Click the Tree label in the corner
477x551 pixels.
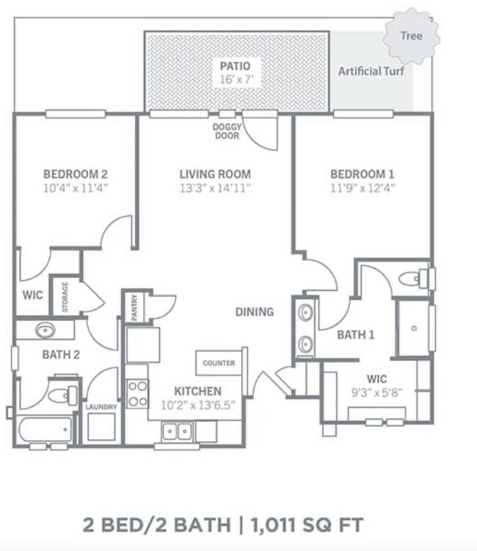[412, 35]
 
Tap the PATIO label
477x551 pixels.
[235, 66]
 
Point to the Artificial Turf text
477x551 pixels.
[371, 71]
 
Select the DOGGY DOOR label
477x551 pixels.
[227, 132]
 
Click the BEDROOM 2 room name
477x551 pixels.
[76, 174]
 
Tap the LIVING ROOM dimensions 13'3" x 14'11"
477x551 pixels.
[215, 188]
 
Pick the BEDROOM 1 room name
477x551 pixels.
[363, 174]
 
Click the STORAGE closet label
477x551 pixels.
[65, 297]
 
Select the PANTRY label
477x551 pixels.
[134, 308]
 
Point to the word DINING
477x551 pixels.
[255, 311]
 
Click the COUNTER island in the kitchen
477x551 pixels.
[219, 363]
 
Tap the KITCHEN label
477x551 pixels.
[198, 391]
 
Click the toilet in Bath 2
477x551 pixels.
[63, 395]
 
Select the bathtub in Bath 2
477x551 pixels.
[45, 430]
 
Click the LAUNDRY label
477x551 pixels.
[101, 407]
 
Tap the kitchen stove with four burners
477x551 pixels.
[137, 394]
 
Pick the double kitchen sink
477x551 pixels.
[177, 431]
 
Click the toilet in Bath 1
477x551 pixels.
[414, 278]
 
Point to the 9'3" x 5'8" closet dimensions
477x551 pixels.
[376, 392]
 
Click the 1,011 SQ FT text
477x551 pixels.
[307, 525]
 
